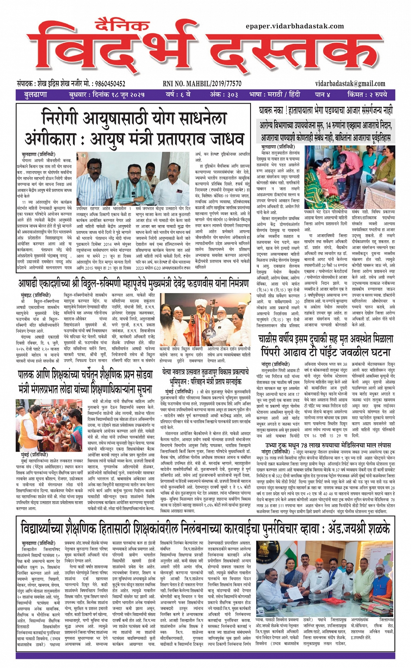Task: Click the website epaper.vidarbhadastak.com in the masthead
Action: (x=294, y=26)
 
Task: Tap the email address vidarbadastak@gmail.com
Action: (x=350, y=84)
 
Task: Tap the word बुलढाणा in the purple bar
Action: (x=36, y=94)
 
